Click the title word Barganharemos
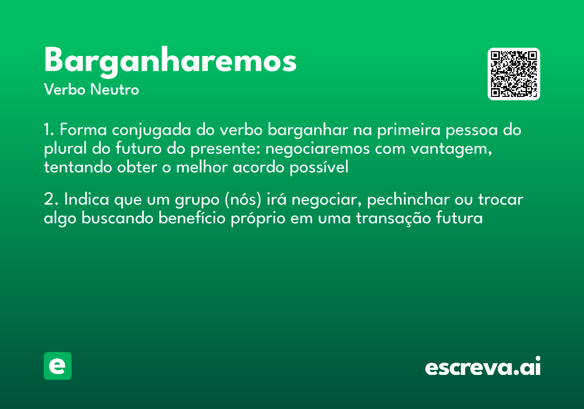point(170,62)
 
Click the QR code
point(514,74)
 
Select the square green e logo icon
point(57,366)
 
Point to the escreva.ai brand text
point(483,367)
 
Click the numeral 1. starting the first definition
point(49,130)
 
